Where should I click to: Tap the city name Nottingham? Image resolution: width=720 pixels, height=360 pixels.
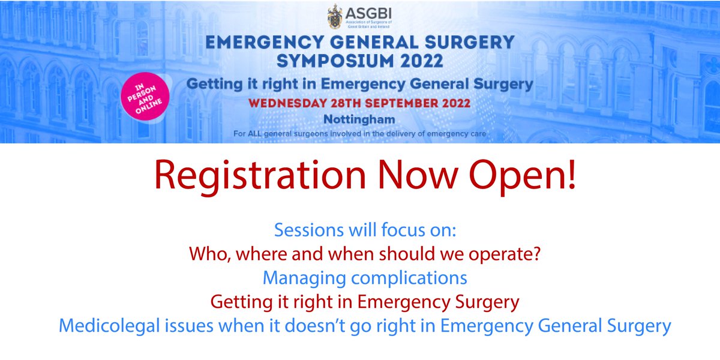[x=359, y=118]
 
